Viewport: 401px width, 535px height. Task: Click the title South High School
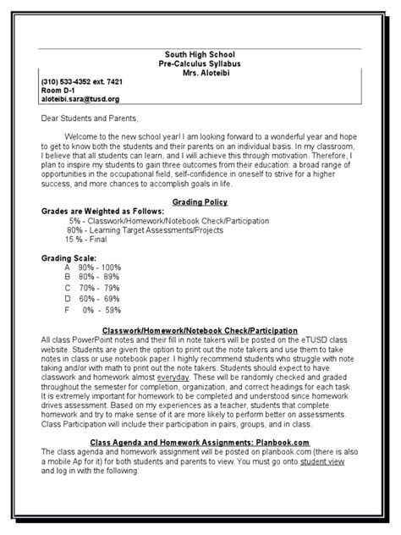coord(200,52)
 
